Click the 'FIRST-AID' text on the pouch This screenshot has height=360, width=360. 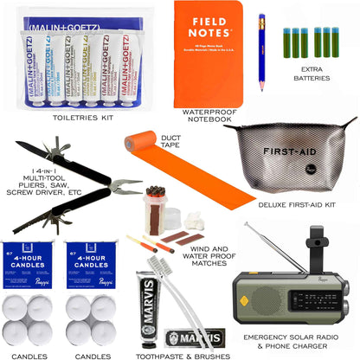(291, 154)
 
